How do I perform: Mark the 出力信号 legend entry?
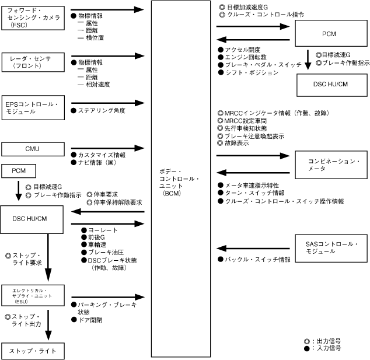pyautogui.click(x=330, y=340)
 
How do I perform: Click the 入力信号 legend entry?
pyautogui.click(x=330, y=348)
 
